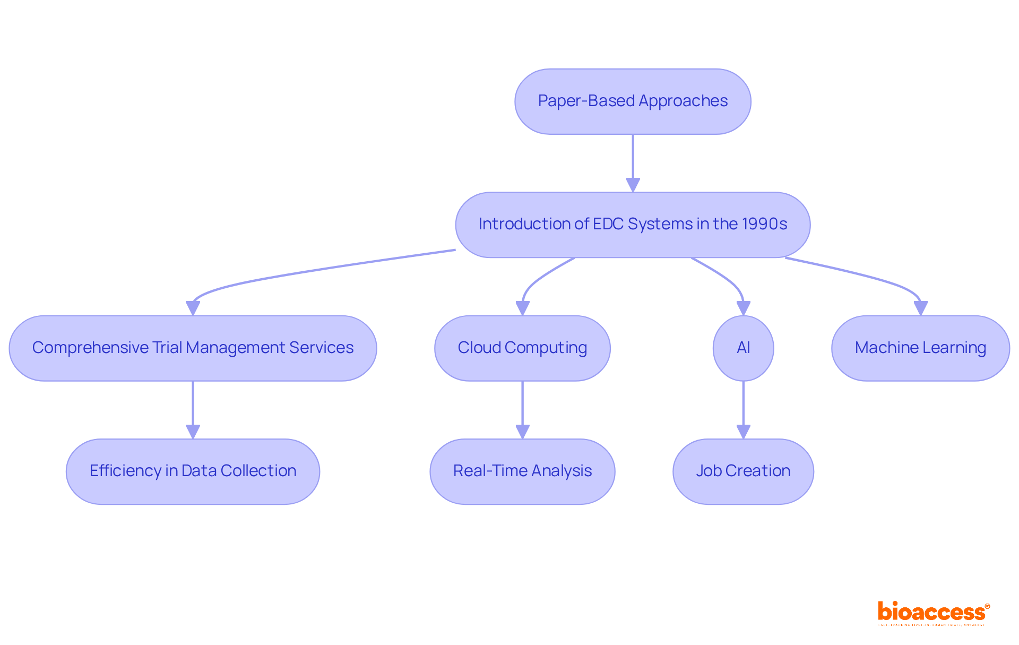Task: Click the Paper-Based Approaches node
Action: point(633,101)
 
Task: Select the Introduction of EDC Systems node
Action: point(633,225)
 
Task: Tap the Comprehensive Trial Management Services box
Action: point(193,348)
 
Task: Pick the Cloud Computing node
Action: point(522,348)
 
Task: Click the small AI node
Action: point(743,348)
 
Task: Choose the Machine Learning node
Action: point(920,348)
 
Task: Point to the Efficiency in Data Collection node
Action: point(193,471)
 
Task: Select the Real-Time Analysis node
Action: point(522,471)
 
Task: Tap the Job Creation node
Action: point(743,471)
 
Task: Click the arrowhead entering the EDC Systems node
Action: point(633,185)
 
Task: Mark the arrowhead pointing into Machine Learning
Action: point(920,308)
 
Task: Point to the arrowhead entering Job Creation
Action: point(743,431)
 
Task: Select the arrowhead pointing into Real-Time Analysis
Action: point(522,431)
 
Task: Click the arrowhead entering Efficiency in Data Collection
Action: point(193,431)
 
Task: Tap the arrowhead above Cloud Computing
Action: point(522,308)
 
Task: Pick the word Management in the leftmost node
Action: point(236,348)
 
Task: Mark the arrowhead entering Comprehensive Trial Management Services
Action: point(193,308)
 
